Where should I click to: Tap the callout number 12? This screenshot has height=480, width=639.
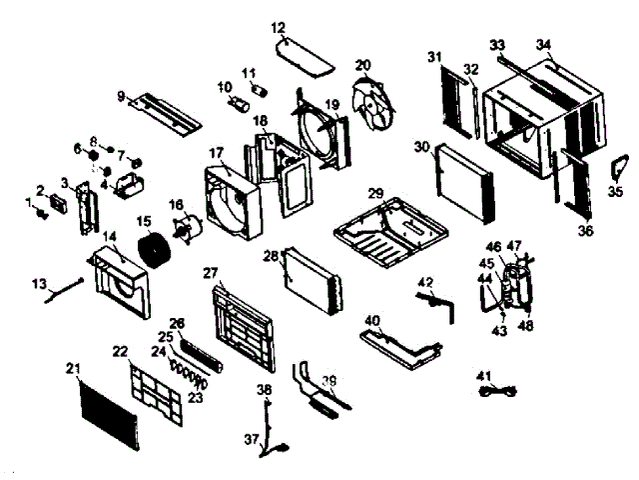point(278,26)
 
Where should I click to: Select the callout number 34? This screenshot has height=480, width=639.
point(543,45)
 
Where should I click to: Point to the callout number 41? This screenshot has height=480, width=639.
point(485,375)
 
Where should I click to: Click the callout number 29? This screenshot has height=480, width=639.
point(375,193)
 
